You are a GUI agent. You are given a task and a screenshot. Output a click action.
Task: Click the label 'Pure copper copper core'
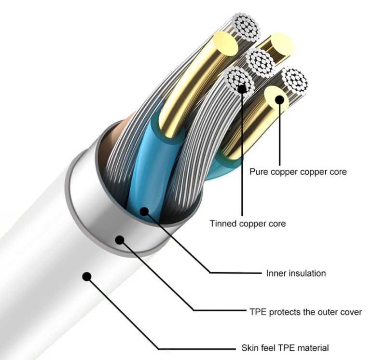[298, 172]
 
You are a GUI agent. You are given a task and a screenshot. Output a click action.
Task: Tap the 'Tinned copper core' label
[248, 223]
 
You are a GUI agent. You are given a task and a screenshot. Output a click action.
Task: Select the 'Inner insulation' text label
[296, 273]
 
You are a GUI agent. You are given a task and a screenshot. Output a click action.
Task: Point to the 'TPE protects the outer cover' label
[302, 312]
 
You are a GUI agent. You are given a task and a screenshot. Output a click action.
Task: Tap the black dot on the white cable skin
[87, 277]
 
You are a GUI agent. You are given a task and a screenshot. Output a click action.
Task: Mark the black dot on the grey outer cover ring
[120, 239]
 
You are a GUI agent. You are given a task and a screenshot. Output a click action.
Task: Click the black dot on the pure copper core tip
[279, 100]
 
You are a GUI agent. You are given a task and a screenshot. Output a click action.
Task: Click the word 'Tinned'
[222, 223]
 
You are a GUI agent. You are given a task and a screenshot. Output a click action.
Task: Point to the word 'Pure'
[258, 172]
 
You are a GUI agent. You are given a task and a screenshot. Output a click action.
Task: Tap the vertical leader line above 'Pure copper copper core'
[279, 135]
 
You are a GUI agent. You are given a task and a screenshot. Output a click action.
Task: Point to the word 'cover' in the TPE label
[351, 312]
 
